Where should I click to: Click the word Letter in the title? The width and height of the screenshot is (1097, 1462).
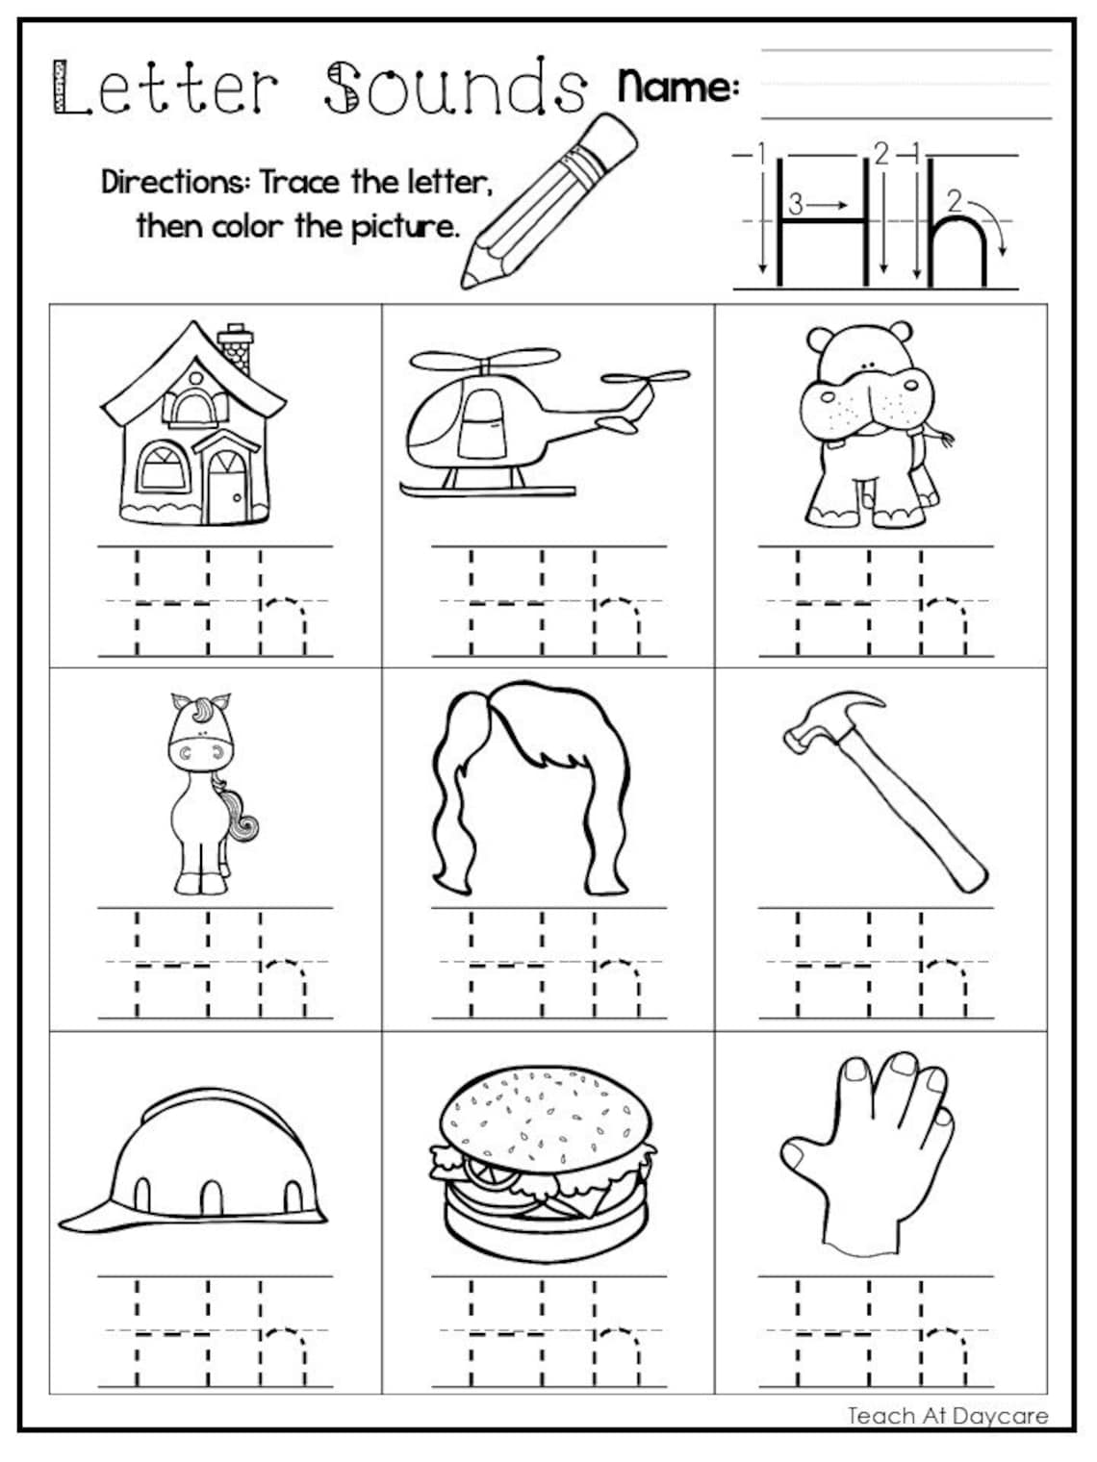[164, 88]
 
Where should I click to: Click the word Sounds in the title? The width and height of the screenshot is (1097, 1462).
[454, 88]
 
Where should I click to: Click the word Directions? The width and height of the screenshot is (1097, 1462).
[173, 182]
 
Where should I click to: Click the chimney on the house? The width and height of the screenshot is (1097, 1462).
[236, 350]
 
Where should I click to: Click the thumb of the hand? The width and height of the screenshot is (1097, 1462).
[801, 1153]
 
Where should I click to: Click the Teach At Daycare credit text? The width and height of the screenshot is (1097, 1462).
[947, 1415]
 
